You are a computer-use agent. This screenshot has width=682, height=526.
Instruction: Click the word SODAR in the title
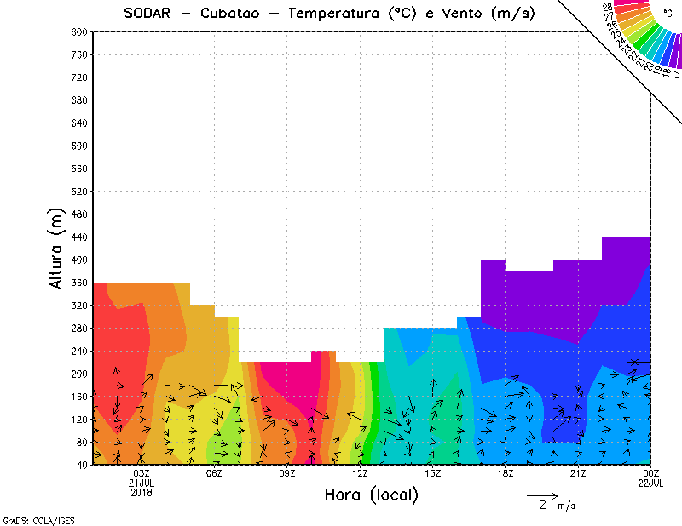click(148, 14)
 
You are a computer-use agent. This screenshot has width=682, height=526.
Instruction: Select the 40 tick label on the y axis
click(83, 465)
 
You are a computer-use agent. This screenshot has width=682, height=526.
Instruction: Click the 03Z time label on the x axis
click(142, 473)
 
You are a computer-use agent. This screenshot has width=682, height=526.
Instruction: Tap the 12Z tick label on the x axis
click(360, 473)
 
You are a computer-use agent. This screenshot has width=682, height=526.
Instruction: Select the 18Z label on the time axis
click(506, 473)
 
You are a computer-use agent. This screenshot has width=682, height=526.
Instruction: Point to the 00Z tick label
click(651, 473)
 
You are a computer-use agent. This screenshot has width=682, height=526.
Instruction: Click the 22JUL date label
click(651, 483)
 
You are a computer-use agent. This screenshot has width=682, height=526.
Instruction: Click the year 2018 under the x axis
click(142, 492)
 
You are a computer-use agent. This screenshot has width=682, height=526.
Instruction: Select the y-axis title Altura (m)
click(58, 250)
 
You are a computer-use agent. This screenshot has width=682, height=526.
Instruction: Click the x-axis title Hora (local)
click(371, 495)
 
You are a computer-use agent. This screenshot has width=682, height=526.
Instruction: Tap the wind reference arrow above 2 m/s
click(542, 495)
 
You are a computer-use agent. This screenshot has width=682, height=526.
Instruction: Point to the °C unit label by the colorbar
click(667, 11)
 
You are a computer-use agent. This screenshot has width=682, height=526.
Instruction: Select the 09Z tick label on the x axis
click(287, 473)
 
